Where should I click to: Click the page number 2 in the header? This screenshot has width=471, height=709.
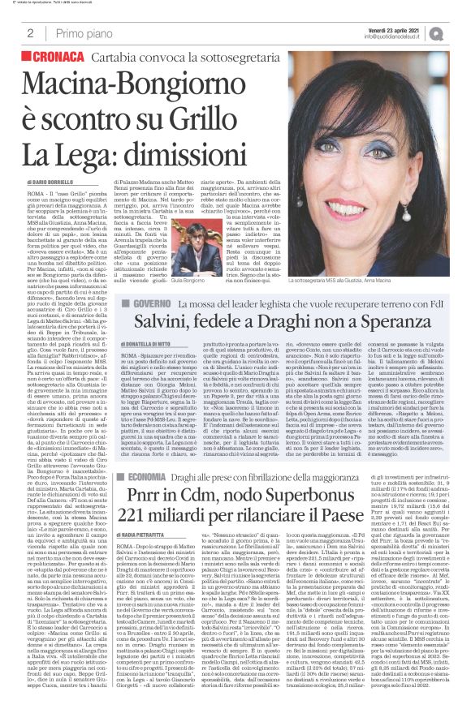[30, 33]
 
